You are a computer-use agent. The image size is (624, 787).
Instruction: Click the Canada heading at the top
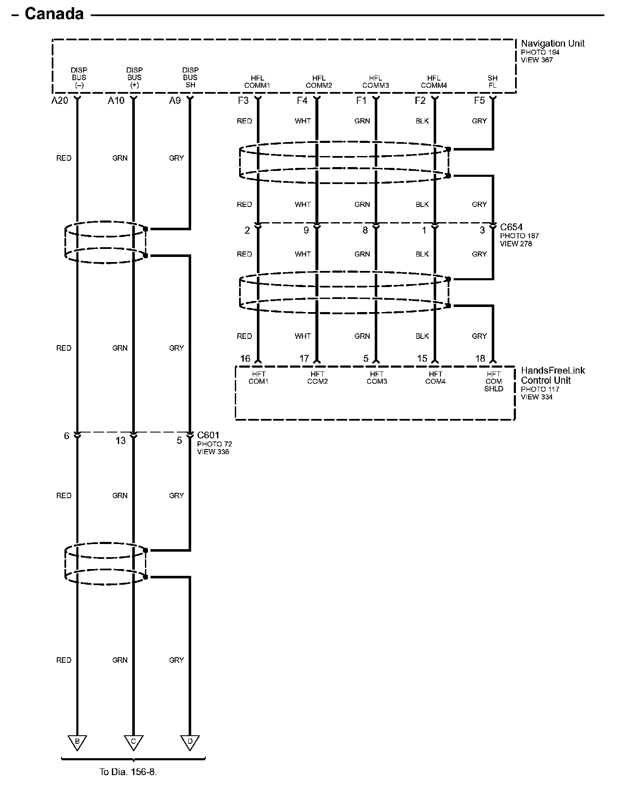click(x=54, y=14)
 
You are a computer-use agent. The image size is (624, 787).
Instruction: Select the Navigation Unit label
click(x=552, y=43)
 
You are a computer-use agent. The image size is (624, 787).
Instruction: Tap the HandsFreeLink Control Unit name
click(x=552, y=375)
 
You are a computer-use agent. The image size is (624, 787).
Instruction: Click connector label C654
click(x=511, y=227)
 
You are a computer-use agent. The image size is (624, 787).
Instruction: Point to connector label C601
click(x=208, y=435)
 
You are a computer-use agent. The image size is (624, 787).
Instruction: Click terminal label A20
click(x=60, y=100)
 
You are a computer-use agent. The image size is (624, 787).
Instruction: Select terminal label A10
click(x=116, y=100)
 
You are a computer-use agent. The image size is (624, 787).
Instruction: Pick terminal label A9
click(x=175, y=100)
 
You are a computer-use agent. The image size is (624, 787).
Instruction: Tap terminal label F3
click(x=243, y=100)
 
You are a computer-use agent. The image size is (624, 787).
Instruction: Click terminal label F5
click(x=479, y=100)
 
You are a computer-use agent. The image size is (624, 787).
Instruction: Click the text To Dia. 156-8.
click(x=128, y=772)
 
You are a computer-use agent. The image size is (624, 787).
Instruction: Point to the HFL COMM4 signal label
click(x=434, y=81)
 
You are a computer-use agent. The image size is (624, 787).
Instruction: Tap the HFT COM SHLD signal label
click(x=493, y=381)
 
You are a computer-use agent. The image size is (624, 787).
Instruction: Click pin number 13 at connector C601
click(x=120, y=441)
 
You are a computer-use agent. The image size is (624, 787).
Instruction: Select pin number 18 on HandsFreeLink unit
click(x=480, y=359)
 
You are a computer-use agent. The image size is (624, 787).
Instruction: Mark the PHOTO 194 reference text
click(x=540, y=52)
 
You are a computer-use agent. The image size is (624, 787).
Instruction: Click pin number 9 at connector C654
click(x=306, y=230)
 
